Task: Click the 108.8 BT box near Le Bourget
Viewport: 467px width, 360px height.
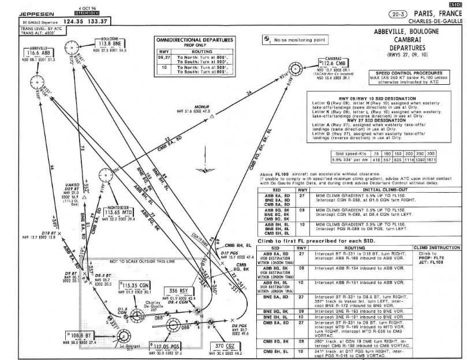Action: coord(80,335)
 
